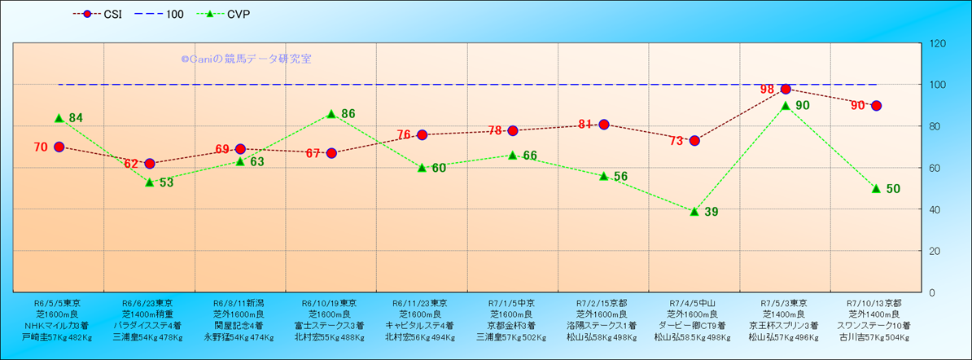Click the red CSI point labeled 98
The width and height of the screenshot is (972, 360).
[786, 90]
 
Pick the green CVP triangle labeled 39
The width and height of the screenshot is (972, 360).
[694, 211]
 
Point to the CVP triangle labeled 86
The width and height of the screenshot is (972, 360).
[331, 114]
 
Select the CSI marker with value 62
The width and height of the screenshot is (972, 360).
[150, 164]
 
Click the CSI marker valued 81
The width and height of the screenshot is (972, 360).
[604, 125]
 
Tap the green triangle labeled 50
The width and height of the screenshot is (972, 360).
[876, 188]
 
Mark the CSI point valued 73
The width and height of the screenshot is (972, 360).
[694, 141]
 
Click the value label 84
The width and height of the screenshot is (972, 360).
[76, 118]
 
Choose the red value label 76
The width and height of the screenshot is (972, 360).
[405, 135]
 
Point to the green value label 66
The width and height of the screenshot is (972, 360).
[530, 156]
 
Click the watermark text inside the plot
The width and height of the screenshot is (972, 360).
[246, 59]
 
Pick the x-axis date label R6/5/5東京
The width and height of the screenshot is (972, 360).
[59, 302]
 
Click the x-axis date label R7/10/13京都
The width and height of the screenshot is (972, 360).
[876, 302]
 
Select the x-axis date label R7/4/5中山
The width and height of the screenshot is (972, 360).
[694, 302]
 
